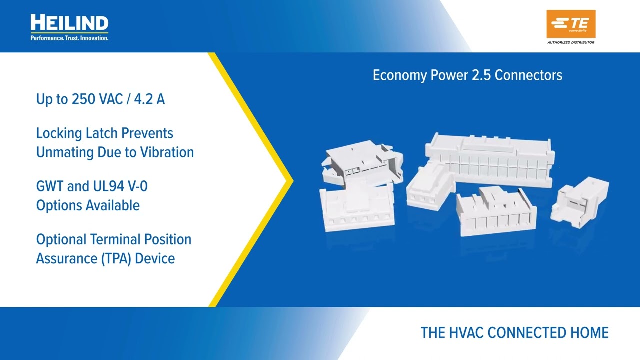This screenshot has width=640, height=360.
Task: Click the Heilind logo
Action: click(x=69, y=23)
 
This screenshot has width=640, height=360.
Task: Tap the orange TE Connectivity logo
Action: click(x=571, y=23)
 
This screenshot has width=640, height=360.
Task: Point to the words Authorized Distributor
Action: click(x=571, y=42)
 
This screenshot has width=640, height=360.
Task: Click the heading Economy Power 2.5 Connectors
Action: click(x=467, y=75)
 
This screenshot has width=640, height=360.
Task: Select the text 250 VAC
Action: click(x=97, y=99)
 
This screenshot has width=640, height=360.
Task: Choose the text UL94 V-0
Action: click(x=119, y=187)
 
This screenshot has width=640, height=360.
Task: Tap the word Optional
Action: click(x=61, y=240)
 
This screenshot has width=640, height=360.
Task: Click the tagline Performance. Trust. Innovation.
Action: click(x=69, y=38)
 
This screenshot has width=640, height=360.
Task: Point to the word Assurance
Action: click(x=62, y=259)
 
